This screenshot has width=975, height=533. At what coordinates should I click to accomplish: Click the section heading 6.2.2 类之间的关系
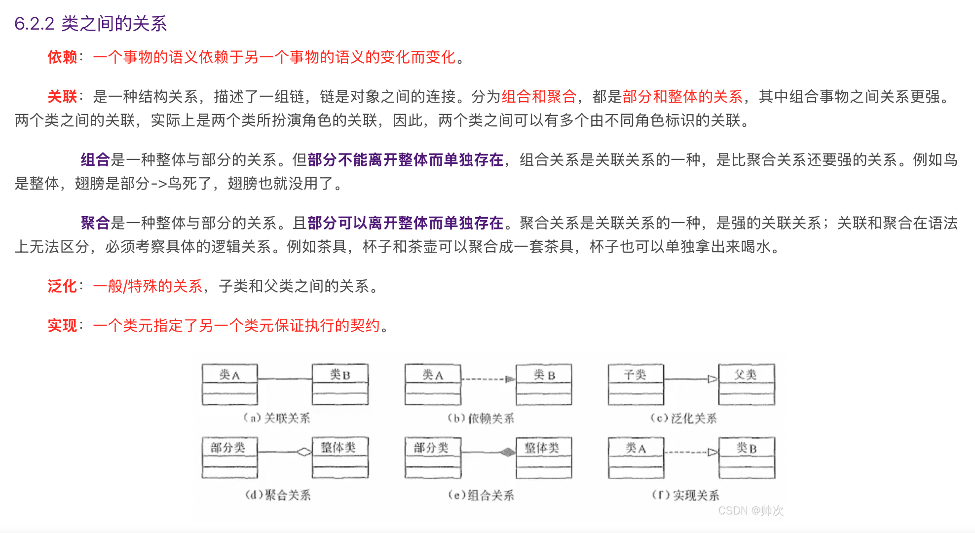(x=91, y=24)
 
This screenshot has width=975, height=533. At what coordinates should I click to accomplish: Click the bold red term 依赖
(x=62, y=57)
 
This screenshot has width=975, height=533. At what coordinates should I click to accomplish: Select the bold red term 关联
(x=62, y=96)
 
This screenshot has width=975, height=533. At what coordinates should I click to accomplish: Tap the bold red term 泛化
(x=62, y=286)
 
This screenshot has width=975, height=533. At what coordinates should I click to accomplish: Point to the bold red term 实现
(x=62, y=326)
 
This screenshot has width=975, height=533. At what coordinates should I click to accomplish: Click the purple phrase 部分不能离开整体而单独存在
(x=405, y=160)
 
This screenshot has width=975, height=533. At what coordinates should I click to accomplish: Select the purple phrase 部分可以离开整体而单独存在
(x=405, y=223)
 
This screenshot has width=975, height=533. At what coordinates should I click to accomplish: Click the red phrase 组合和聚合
(x=539, y=96)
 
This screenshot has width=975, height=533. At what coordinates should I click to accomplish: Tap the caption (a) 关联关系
(x=277, y=419)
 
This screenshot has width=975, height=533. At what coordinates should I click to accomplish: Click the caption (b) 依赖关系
(x=481, y=419)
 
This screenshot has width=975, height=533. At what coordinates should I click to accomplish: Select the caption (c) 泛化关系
(x=683, y=419)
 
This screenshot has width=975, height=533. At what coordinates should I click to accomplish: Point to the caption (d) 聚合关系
(x=278, y=495)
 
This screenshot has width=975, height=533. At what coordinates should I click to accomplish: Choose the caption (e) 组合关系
(x=481, y=495)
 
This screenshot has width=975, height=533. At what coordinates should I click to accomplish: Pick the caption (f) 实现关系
(x=685, y=495)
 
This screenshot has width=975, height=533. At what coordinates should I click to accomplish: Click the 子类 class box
(x=636, y=384)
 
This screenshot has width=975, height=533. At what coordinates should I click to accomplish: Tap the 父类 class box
(x=746, y=384)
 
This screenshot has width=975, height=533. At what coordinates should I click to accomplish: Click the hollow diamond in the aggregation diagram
(x=304, y=452)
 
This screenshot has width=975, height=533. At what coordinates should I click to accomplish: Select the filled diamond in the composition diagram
(x=507, y=452)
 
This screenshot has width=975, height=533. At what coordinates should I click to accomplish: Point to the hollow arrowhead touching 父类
(x=712, y=379)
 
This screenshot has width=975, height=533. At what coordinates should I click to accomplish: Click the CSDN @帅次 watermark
(x=750, y=511)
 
